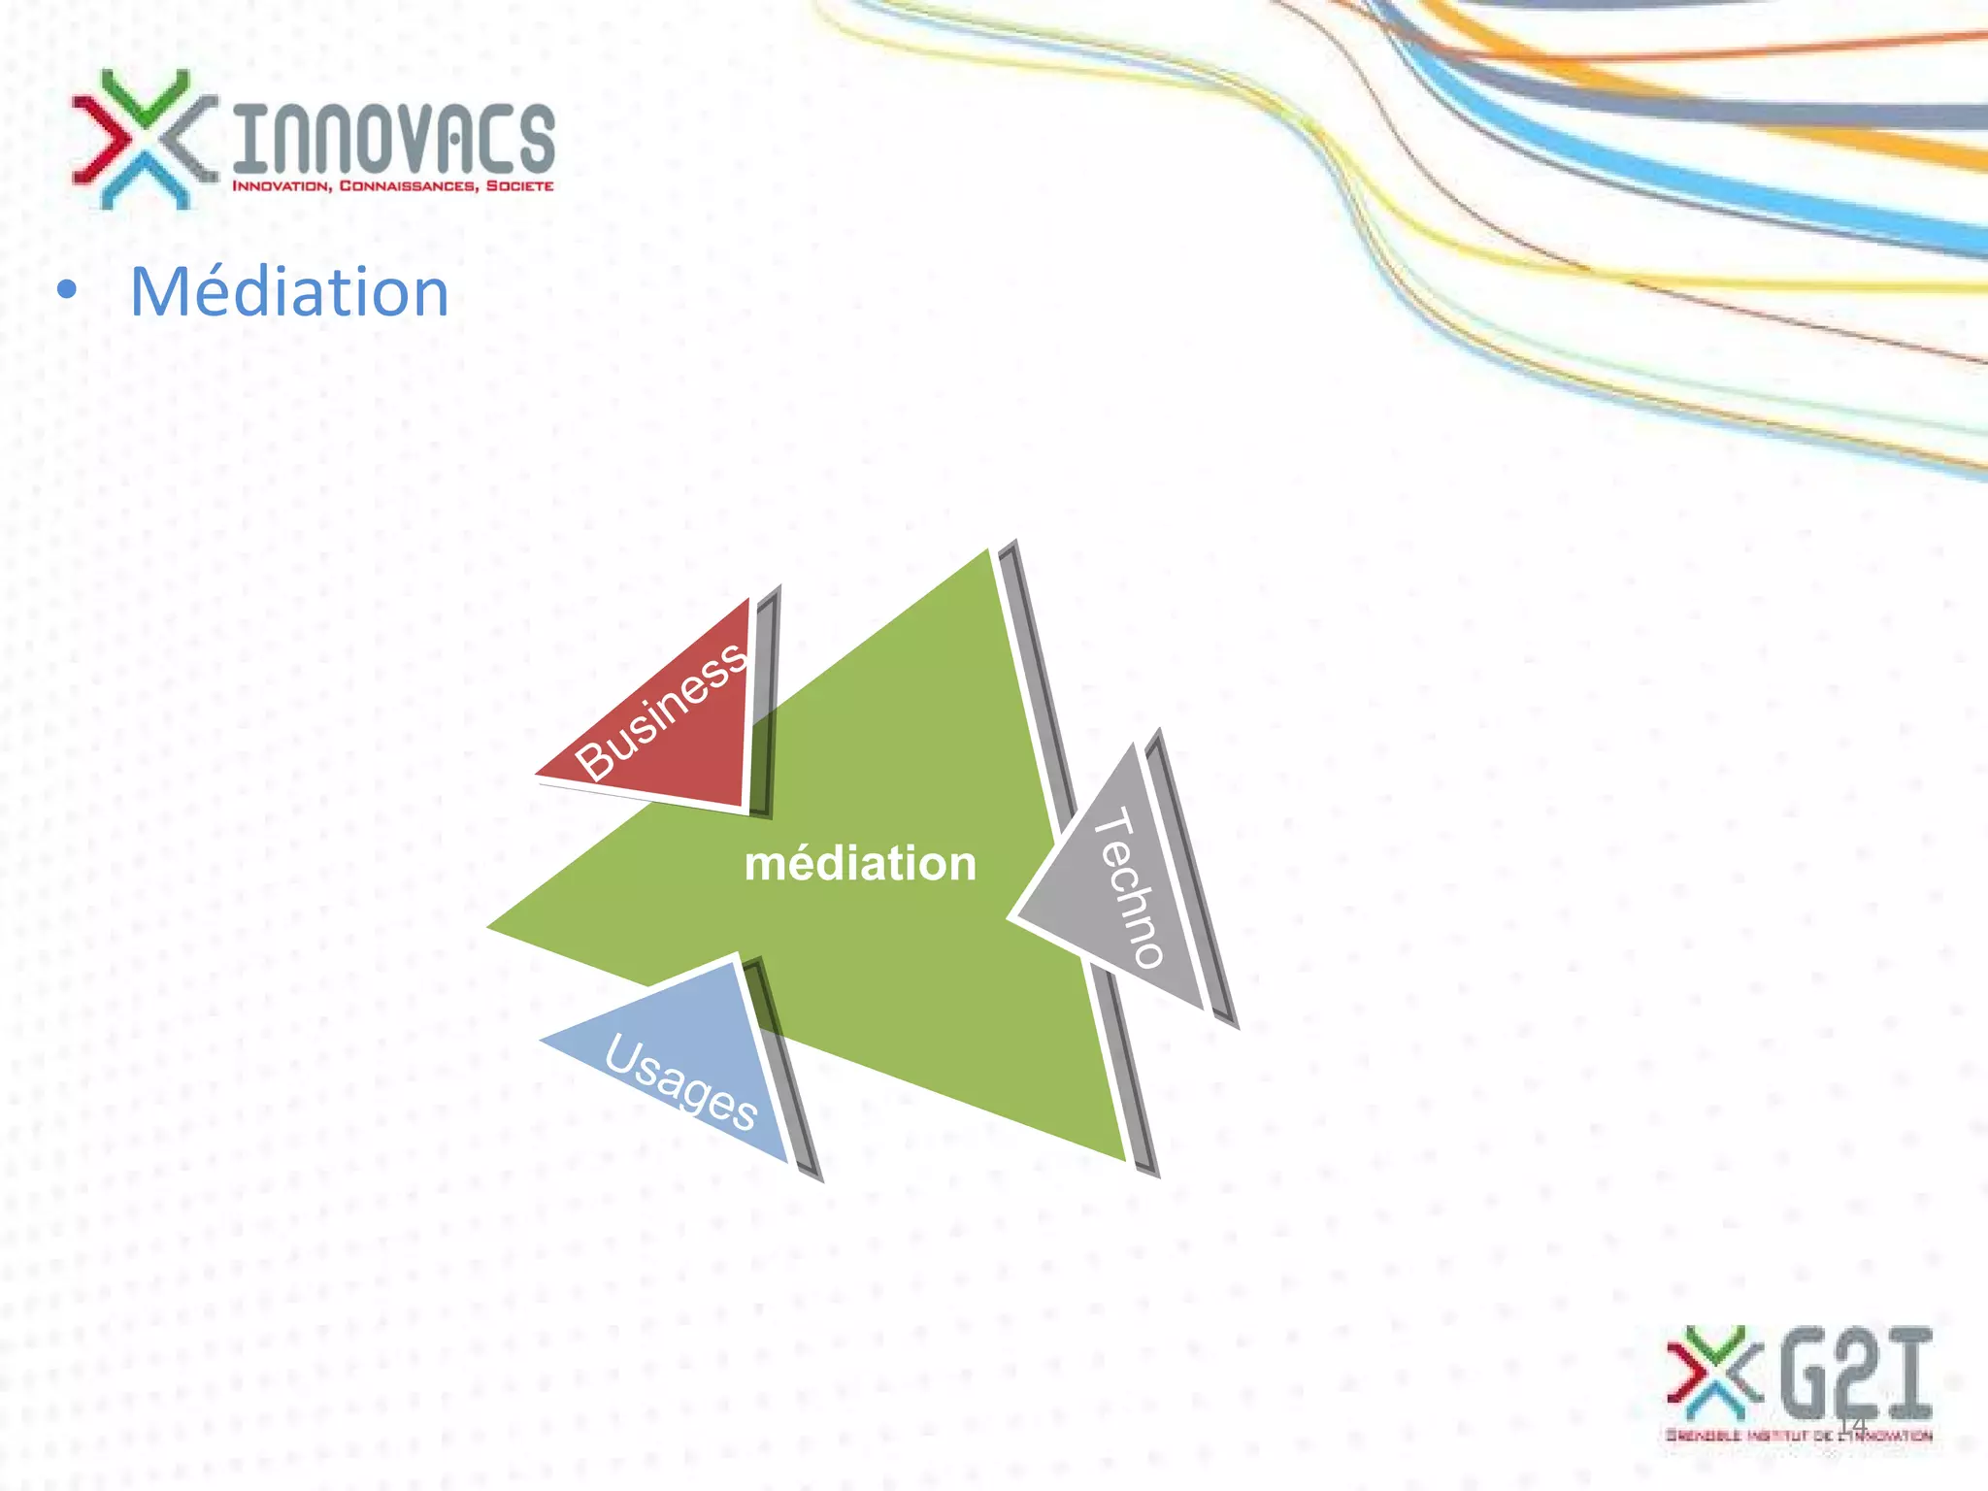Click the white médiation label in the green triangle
click(x=860, y=863)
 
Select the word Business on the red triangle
click(x=661, y=711)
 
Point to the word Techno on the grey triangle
click(x=1128, y=887)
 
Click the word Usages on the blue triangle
click(x=680, y=1082)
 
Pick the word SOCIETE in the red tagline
click(x=519, y=185)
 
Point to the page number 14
click(x=1853, y=1424)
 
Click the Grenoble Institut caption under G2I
click(x=1799, y=1435)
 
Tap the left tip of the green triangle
click(x=489, y=927)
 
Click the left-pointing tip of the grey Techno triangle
click(x=1012, y=915)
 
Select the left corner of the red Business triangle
click(x=537, y=775)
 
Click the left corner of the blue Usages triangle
click(x=542, y=1040)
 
